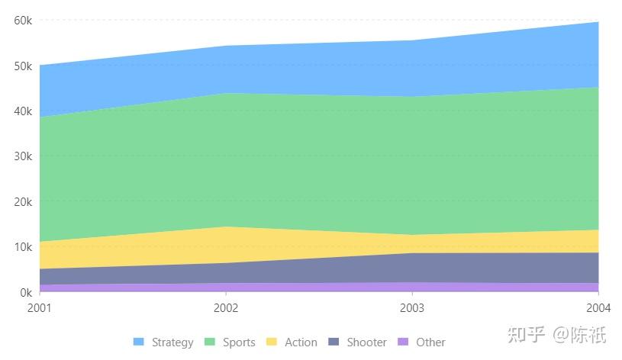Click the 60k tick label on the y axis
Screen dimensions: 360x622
tap(23, 21)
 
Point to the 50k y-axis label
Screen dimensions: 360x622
tap(23, 66)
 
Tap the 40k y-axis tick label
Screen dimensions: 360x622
tap(23, 111)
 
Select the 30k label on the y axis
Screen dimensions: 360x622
tap(23, 156)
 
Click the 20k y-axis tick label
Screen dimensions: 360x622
tap(23, 201)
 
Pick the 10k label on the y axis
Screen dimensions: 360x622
tap(23, 247)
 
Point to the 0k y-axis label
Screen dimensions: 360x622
tap(26, 292)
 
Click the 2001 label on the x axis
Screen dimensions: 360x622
tap(39, 308)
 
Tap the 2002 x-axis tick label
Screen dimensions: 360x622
tap(226, 308)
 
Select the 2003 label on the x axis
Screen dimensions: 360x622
tap(412, 308)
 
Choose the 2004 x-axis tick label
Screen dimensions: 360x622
tap(598, 308)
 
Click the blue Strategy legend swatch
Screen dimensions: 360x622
tap(138, 342)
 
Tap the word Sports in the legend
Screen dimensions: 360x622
tap(239, 342)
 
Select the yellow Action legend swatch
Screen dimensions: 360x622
tap(271, 342)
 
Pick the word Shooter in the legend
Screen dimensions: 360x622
tap(366, 342)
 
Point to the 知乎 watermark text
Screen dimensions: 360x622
tap(526, 334)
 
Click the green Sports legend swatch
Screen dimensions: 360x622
tap(210, 342)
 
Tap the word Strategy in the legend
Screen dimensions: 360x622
tap(172, 342)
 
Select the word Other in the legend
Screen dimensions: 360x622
tap(430, 342)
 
